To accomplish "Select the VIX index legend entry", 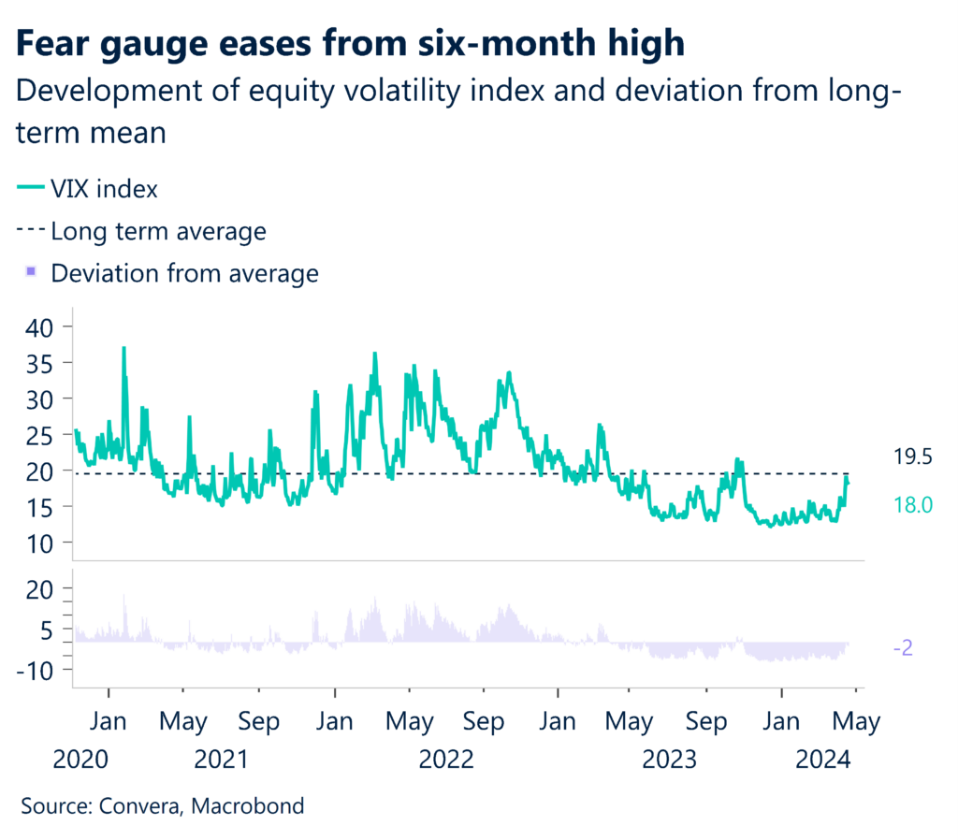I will (x=104, y=188).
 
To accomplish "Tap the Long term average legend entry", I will (x=157, y=231).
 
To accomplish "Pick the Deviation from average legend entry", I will (x=184, y=274).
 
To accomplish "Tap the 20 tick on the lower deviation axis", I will (x=41, y=588).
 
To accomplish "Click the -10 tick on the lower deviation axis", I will (x=37, y=670).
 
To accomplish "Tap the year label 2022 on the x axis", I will (x=446, y=759).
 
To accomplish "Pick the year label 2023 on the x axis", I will (x=670, y=759).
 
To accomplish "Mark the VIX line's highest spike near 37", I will (x=123, y=348).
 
